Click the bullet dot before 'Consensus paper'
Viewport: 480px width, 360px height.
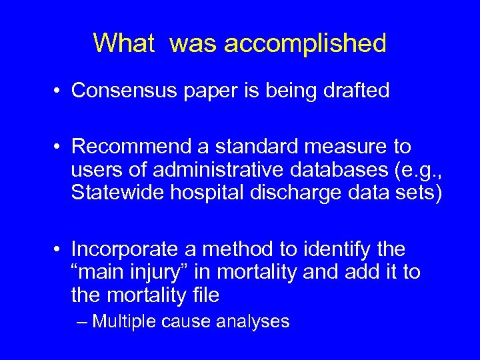click(x=60, y=91)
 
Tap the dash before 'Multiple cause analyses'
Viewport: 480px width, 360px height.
click(x=82, y=322)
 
